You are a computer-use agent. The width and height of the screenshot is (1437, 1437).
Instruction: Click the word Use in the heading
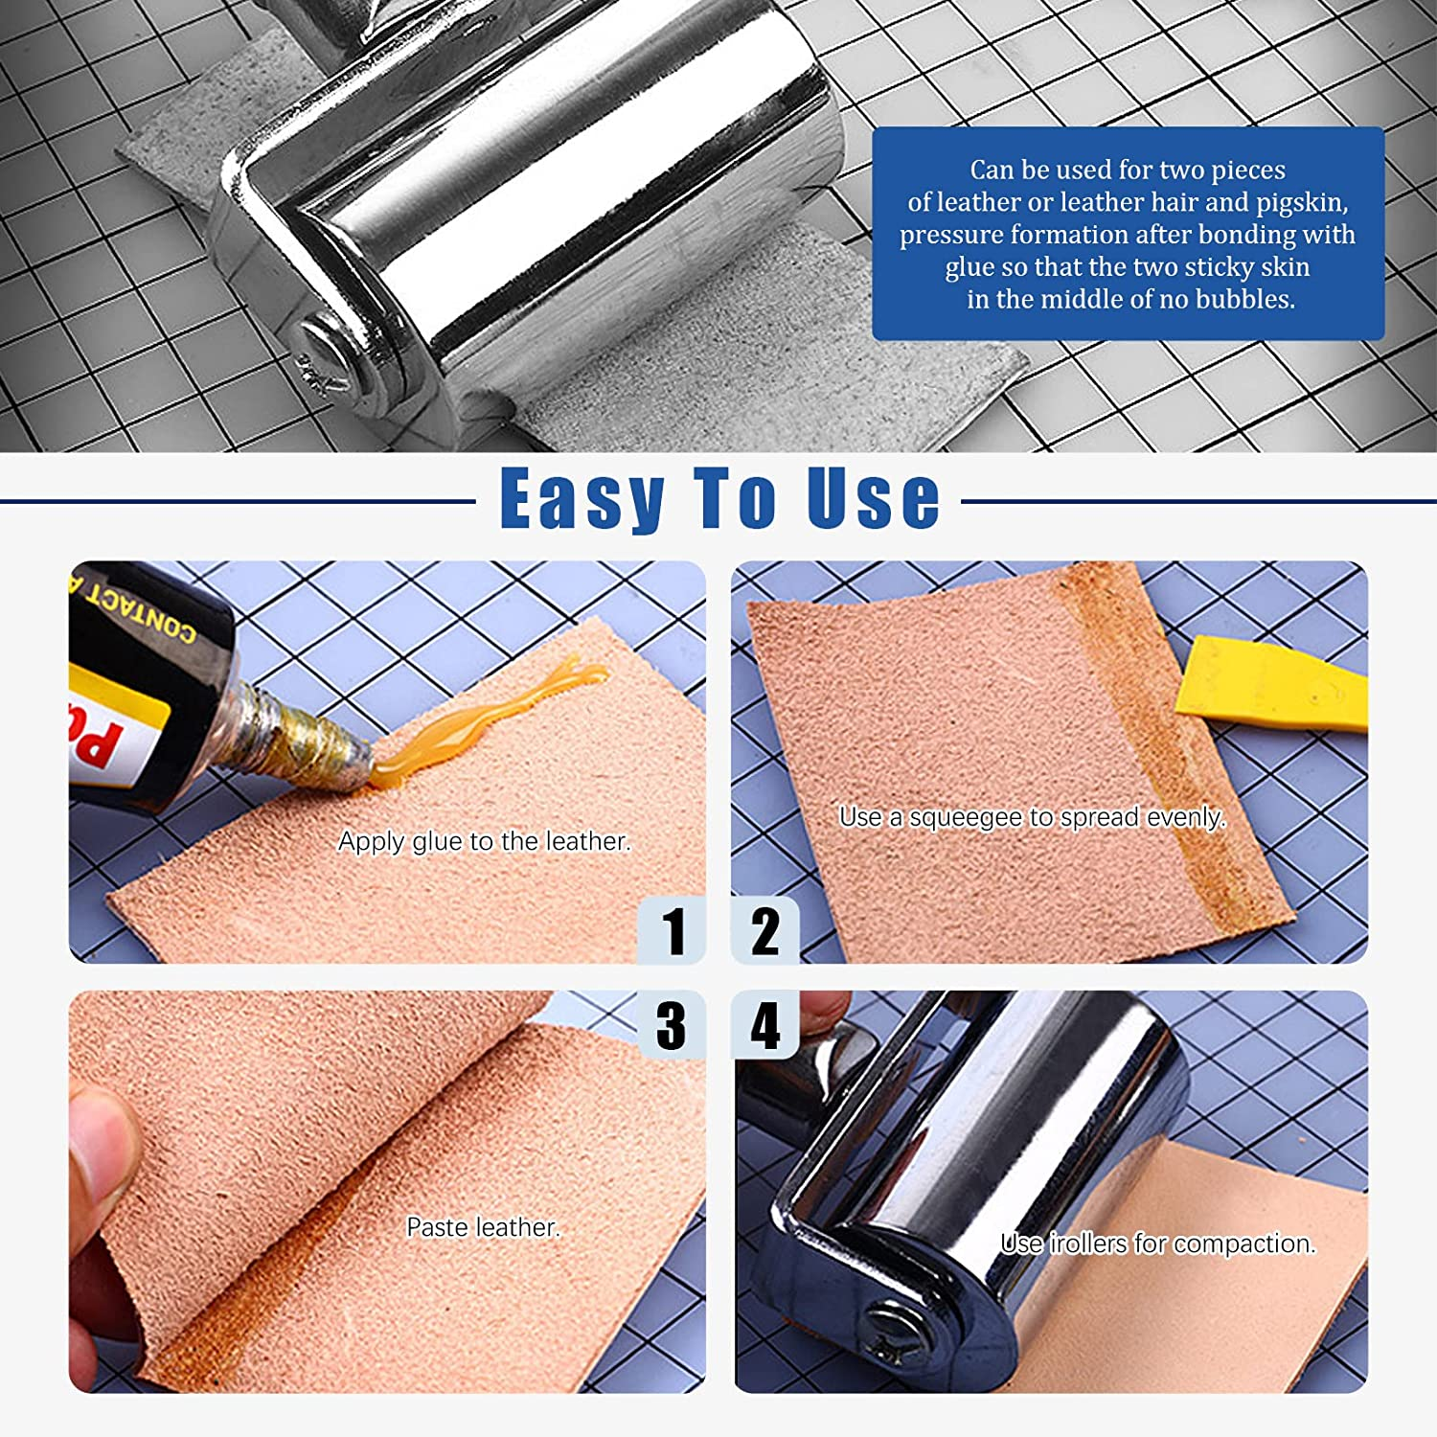873,498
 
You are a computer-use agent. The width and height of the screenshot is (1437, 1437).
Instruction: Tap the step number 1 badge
673,930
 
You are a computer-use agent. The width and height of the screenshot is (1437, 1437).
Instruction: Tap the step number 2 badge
764,930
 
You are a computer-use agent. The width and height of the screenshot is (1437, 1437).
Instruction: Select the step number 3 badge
672,1025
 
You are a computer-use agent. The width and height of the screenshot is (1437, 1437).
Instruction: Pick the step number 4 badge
764,1025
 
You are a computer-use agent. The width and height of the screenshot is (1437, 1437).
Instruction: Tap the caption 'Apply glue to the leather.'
485,841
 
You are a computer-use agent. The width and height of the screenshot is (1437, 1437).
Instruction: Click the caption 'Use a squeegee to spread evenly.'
1032,817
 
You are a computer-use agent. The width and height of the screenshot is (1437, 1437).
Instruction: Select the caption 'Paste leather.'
483,1227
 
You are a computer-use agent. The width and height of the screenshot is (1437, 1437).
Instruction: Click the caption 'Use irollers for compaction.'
1157,1243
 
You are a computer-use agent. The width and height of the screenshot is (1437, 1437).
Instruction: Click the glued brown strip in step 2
1169,757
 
